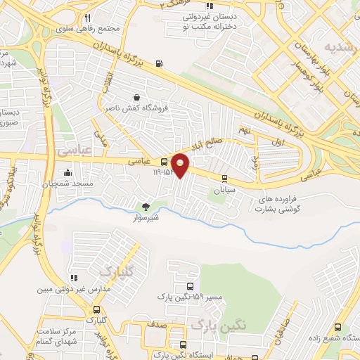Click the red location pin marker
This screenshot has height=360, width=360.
[x=181, y=165]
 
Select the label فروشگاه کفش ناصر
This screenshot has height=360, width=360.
[x=136, y=108]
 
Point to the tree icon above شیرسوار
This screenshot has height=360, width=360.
[x=146, y=207]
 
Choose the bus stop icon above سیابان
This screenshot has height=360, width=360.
[x=224, y=179]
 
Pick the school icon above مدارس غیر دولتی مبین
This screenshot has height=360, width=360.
[x=73, y=278]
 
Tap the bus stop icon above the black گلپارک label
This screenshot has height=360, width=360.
[x=96, y=309]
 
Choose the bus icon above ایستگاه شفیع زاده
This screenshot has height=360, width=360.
[x=338, y=327]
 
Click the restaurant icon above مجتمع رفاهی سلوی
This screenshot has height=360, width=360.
[x=86, y=18]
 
